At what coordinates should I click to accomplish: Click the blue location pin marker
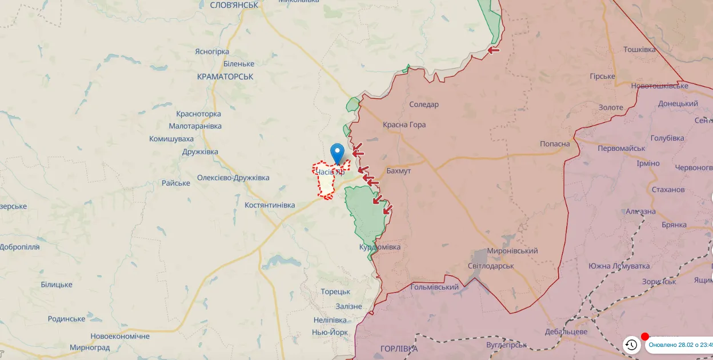point(337,153)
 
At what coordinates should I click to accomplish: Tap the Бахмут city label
point(398,171)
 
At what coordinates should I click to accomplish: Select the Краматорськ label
point(225,77)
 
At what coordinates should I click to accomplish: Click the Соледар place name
point(424,105)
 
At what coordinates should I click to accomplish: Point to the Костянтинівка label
point(270,205)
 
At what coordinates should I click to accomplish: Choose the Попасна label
point(555,144)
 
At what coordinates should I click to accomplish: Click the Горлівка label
point(399,349)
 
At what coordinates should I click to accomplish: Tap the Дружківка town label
point(200,152)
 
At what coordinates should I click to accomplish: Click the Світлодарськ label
point(491,266)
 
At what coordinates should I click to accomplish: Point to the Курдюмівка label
point(380,247)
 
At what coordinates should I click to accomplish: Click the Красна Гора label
point(404,125)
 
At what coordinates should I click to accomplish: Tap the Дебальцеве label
point(566,332)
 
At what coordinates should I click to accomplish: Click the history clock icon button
point(631,345)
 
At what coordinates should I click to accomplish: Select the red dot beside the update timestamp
point(645,337)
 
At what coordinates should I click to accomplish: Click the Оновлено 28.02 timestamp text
point(680,345)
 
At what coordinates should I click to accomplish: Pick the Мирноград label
point(90,347)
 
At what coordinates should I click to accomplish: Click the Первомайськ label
point(621,149)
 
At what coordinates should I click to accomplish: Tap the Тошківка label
point(639,50)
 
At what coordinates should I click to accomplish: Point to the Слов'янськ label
point(234,5)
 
